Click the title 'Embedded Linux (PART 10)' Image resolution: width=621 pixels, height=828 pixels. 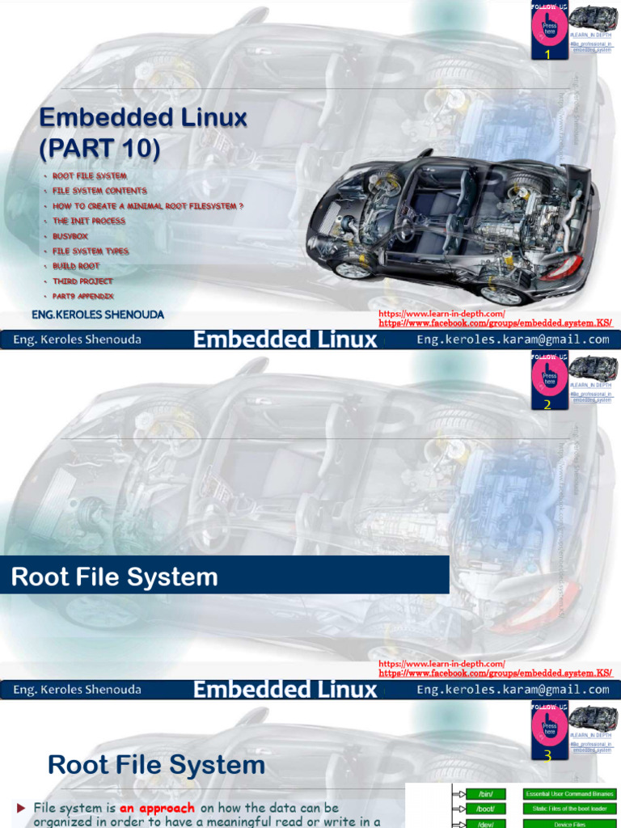point(143,133)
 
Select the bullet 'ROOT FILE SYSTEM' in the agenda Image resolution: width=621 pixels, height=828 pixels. point(90,175)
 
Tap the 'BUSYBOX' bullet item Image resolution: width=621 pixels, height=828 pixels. point(70,236)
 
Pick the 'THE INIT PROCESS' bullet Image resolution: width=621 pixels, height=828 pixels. point(89,221)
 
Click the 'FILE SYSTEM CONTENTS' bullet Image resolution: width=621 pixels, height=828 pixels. point(99,191)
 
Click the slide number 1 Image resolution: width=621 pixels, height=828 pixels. point(547,55)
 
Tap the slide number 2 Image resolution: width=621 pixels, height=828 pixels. point(547,404)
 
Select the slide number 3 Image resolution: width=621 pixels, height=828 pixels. point(547,756)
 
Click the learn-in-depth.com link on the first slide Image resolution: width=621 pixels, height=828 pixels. point(441,314)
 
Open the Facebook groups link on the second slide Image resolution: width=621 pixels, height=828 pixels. point(495,673)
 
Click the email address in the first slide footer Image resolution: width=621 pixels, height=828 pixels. point(513,340)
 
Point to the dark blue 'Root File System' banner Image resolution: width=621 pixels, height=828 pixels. point(224,576)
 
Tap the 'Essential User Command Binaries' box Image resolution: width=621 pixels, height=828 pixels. point(569,794)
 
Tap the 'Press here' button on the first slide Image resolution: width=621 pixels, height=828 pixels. point(550,30)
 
